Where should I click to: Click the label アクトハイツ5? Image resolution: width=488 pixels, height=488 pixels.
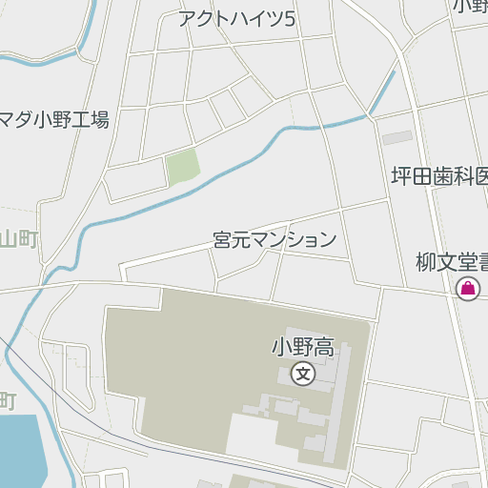pyautogui.click(x=236, y=19)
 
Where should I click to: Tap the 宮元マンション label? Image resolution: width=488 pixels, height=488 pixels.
pyautogui.click(x=274, y=239)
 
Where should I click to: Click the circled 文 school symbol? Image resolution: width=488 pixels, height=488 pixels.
pyautogui.click(x=303, y=373)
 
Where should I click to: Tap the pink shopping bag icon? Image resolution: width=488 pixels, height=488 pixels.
pyautogui.click(x=468, y=289)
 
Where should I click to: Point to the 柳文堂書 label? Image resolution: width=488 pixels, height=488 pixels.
pyautogui.click(x=451, y=260)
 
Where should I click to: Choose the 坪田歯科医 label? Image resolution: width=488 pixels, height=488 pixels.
pyautogui.click(x=439, y=176)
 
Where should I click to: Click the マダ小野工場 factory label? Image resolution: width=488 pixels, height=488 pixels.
pyautogui.click(x=54, y=120)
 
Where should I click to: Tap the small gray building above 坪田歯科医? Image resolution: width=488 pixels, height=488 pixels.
pyautogui.click(x=397, y=138)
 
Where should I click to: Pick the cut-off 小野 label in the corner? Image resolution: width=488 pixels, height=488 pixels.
pyautogui.click(x=470, y=7)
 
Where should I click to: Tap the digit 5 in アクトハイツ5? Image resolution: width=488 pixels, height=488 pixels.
pyautogui.click(x=290, y=19)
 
